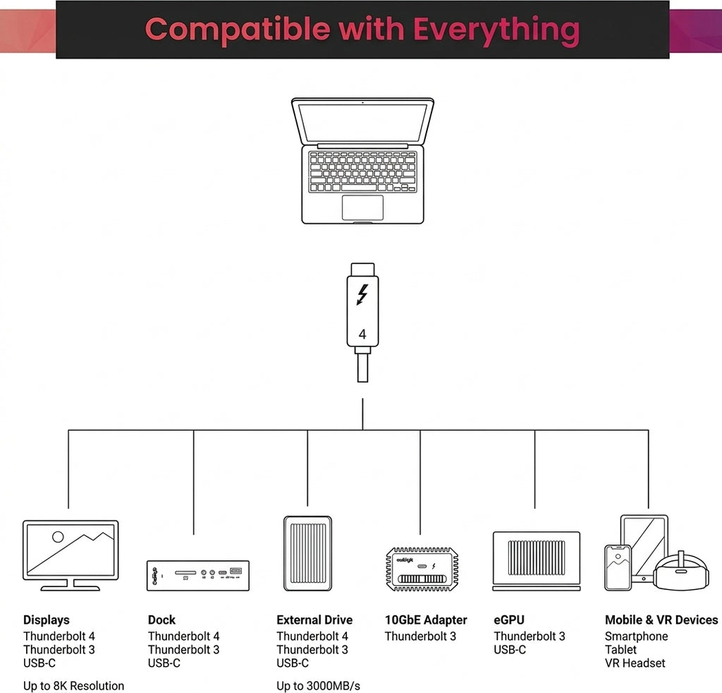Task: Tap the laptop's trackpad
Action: click(362, 207)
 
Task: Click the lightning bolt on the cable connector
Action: click(363, 294)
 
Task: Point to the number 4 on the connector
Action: click(362, 334)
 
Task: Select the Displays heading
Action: click(47, 620)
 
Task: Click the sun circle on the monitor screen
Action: click(58, 537)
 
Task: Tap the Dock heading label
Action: click(161, 620)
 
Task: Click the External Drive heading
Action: click(314, 620)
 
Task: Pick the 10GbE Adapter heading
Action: click(426, 620)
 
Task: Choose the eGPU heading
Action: click(509, 620)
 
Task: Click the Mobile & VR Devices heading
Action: click(661, 620)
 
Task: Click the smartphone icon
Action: click(618, 567)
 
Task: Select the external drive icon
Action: click(307, 553)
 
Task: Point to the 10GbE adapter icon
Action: click(422, 569)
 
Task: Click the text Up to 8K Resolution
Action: click(73, 686)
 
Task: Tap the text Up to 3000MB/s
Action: click(318, 686)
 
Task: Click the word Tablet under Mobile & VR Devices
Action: click(620, 650)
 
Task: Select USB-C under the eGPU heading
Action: click(510, 650)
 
